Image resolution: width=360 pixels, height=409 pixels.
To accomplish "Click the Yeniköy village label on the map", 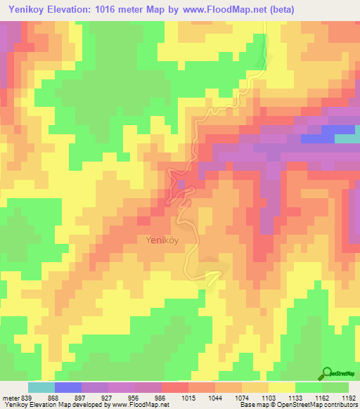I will coord(161,240).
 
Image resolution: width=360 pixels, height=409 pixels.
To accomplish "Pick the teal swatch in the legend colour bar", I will coord(41,387).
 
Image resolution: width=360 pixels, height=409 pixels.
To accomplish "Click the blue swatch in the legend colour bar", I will coord(67,387).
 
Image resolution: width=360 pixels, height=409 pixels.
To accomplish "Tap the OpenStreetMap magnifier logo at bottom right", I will coord(326,374).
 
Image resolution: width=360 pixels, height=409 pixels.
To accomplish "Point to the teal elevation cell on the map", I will coord(346,138).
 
